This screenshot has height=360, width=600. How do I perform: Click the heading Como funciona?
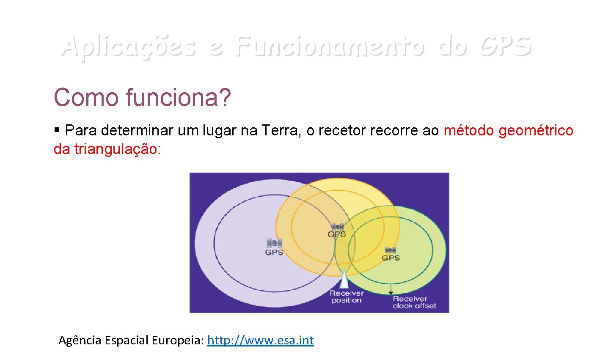click(x=142, y=97)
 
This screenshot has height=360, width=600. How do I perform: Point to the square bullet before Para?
click(x=57, y=129)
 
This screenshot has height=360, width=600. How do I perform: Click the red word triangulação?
click(x=117, y=149)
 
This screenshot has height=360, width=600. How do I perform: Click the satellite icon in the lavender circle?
click(x=274, y=243)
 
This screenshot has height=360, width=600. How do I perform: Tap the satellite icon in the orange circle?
click(x=337, y=227)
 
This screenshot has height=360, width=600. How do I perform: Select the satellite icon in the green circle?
click(x=391, y=250)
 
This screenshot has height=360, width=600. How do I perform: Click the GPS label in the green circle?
click(x=391, y=258)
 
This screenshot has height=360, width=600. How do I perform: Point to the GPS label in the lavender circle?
click(x=274, y=253)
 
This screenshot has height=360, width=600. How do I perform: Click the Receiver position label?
click(x=346, y=297)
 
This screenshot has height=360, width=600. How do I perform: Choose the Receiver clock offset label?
click(x=414, y=302)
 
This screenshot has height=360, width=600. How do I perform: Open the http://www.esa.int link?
click(x=260, y=340)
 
